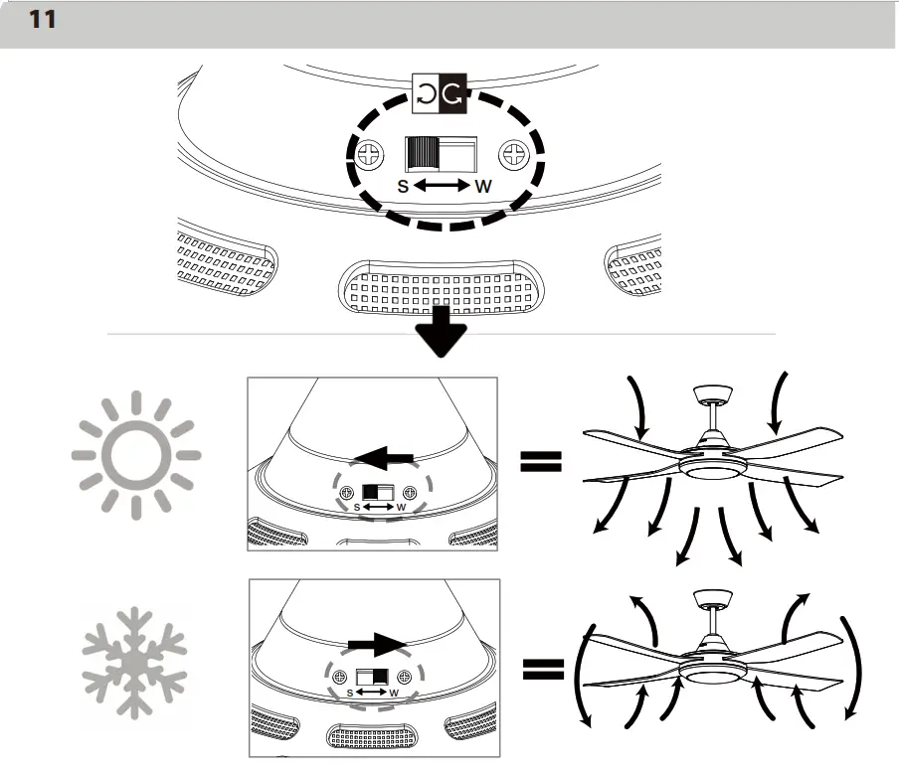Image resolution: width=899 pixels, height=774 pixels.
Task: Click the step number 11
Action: [x=42, y=20]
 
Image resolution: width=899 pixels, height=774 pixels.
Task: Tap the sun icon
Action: [x=136, y=456]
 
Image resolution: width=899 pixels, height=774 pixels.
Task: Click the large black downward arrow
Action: [x=440, y=333]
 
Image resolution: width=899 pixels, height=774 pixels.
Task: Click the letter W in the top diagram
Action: [x=483, y=186]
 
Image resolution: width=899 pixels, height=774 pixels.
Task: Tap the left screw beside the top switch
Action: [x=371, y=154]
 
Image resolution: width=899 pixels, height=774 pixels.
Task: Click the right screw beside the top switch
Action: [x=514, y=154]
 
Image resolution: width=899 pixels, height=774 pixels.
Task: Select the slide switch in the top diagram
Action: [x=441, y=154]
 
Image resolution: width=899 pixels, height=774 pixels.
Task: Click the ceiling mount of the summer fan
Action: [x=711, y=393]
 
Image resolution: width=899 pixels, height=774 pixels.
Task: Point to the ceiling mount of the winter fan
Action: [x=711, y=598]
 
